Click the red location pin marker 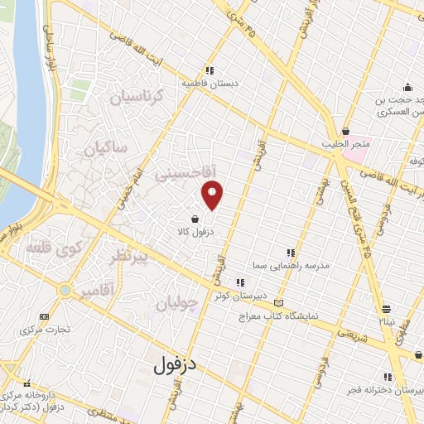[x=213, y=194]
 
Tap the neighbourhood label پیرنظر [x=129, y=259]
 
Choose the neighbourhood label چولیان [x=178, y=302]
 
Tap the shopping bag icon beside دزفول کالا [x=194, y=220]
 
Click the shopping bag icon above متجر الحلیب [x=346, y=130]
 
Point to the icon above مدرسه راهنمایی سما [x=289, y=252]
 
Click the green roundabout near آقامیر [x=65, y=290]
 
